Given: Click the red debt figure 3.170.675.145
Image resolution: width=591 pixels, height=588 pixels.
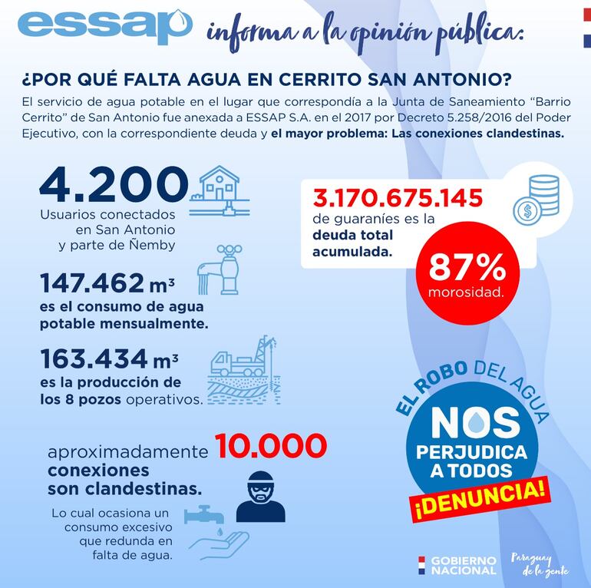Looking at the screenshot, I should pos(398,199).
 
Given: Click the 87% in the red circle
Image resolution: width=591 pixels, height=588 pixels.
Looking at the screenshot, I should pos(467,266).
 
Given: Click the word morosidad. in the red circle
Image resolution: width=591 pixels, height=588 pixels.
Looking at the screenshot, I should pos(467,292).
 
